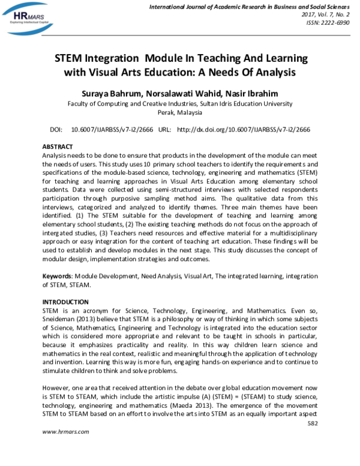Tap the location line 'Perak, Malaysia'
179,112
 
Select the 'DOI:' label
56,129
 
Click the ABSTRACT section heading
57,147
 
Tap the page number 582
311,423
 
